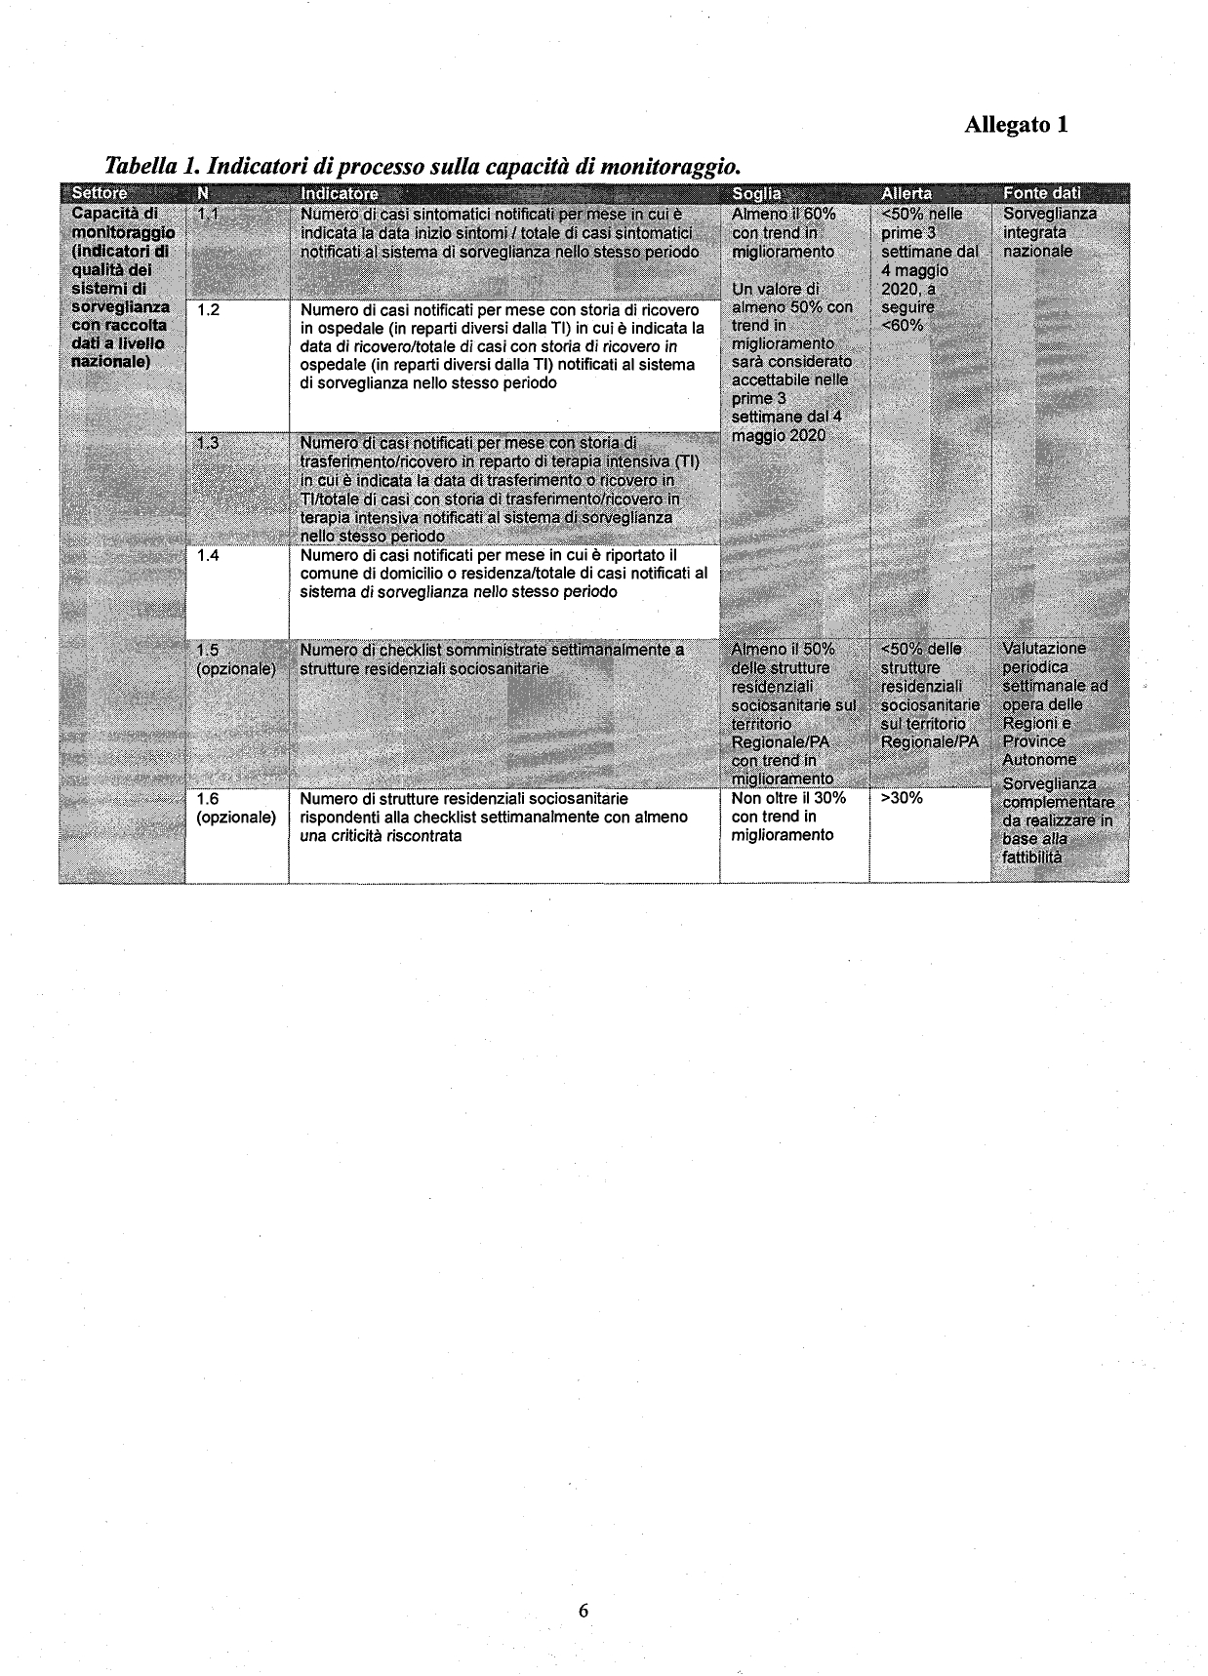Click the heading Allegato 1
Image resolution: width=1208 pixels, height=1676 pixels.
1016,125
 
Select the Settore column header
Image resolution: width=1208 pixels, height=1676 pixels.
100,193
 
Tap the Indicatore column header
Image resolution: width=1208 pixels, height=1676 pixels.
339,193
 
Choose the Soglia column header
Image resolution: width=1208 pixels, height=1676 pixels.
755,193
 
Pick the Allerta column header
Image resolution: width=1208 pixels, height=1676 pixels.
906,193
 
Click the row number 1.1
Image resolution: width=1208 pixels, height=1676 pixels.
208,214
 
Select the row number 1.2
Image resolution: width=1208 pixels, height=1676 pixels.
208,310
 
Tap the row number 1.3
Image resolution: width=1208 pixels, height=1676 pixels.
208,444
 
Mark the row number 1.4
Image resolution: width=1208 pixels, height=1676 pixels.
208,555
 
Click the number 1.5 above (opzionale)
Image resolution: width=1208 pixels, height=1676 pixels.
208,650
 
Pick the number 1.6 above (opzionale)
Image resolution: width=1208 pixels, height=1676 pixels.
208,798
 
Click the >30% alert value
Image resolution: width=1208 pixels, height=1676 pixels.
902,798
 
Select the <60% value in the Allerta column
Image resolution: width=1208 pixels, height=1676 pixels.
902,325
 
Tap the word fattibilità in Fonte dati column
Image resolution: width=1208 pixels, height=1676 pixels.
1031,858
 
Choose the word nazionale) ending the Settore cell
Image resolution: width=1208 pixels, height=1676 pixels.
110,362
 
